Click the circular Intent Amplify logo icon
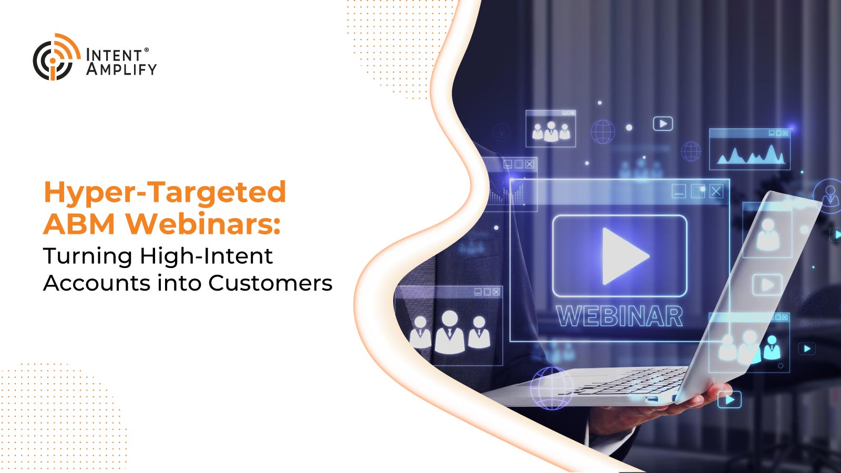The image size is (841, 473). pyautogui.click(x=56, y=57)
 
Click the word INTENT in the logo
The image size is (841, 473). pyautogui.click(x=114, y=56)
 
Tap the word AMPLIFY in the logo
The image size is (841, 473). pyautogui.click(x=121, y=69)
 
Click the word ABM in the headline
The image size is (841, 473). pyautogui.click(x=79, y=224)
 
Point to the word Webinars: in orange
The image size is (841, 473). pyautogui.click(x=203, y=224)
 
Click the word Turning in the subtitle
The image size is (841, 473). pyautogui.click(x=88, y=257)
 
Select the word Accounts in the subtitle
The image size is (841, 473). pyautogui.click(x=97, y=283)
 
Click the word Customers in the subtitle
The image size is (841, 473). pyautogui.click(x=270, y=283)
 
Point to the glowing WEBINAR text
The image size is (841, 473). pyautogui.click(x=619, y=316)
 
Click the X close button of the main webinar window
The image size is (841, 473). pyautogui.click(x=716, y=191)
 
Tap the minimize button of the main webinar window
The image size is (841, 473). pyautogui.click(x=679, y=191)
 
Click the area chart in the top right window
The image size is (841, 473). pyautogui.click(x=751, y=155)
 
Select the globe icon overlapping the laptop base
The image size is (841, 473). pyautogui.click(x=552, y=388)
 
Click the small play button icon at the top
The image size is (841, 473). pyautogui.click(x=663, y=124)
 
